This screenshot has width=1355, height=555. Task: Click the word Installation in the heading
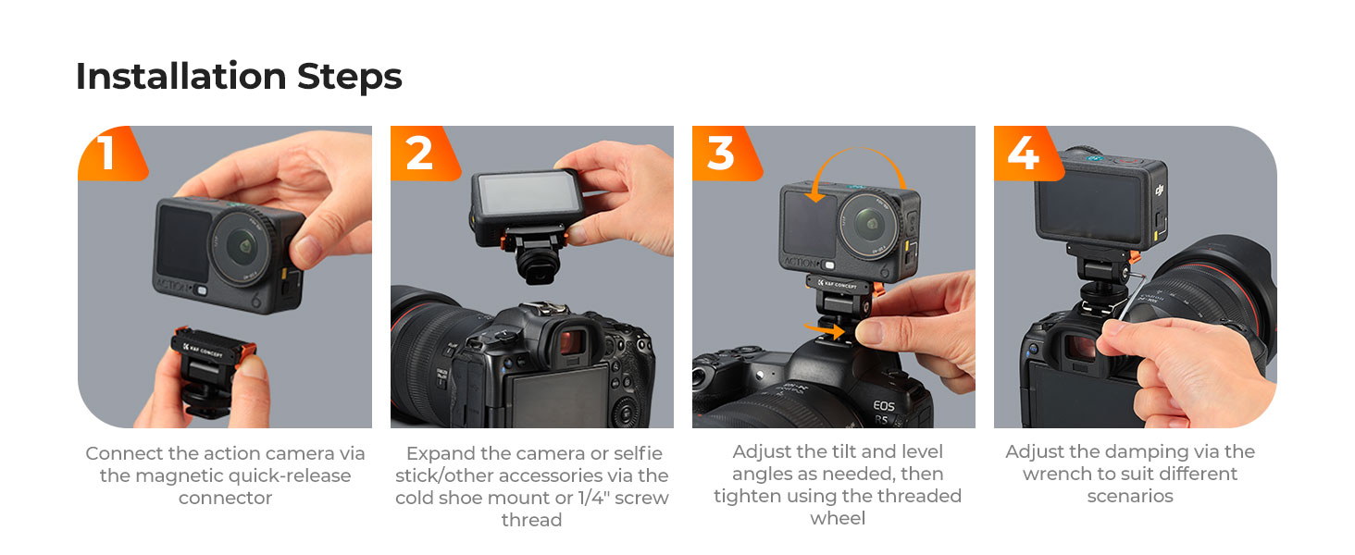pos(180,76)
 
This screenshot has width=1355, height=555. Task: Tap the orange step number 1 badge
pos(113,154)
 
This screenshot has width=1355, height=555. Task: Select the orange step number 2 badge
pos(425,154)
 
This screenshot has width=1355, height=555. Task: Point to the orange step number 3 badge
pos(727,154)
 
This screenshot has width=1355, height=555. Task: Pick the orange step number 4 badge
pos(1029,154)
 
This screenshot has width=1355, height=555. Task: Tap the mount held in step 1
pos(212,370)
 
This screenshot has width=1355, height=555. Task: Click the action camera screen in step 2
pos(528,194)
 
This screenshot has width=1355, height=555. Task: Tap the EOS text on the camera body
pos(883,406)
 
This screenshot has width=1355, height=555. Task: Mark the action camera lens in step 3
pos(869,224)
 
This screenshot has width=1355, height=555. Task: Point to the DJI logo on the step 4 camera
pos(1159,191)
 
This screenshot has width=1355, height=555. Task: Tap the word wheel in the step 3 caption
pos(838,518)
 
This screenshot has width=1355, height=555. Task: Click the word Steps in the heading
pos(350,78)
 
